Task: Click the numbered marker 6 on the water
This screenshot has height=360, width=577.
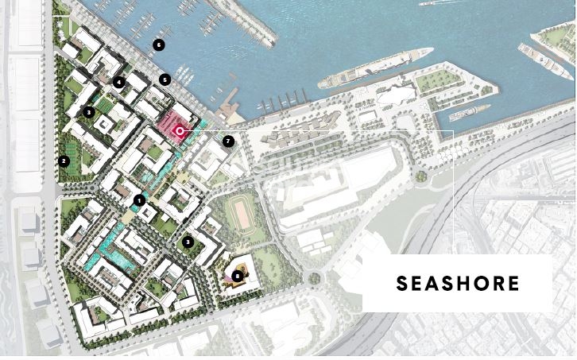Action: pyautogui.click(x=159, y=45)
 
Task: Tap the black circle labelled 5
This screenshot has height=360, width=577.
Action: pyautogui.click(x=165, y=79)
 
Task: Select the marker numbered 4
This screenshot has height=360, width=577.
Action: pyautogui.click(x=118, y=82)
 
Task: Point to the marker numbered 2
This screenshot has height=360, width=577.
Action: pyautogui.click(x=64, y=161)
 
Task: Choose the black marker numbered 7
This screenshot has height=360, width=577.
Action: pyautogui.click(x=228, y=141)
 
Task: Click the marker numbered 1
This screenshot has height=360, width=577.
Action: pyautogui.click(x=139, y=200)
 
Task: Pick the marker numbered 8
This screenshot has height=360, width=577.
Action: pyautogui.click(x=238, y=277)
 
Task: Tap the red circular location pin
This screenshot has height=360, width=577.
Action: pyautogui.click(x=180, y=130)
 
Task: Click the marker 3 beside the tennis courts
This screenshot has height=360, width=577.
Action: pyautogui.click(x=89, y=112)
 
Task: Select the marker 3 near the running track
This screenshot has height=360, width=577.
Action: pyautogui.click(x=188, y=242)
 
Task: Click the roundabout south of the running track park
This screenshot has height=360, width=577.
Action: pyautogui.click(x=315, y=279)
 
